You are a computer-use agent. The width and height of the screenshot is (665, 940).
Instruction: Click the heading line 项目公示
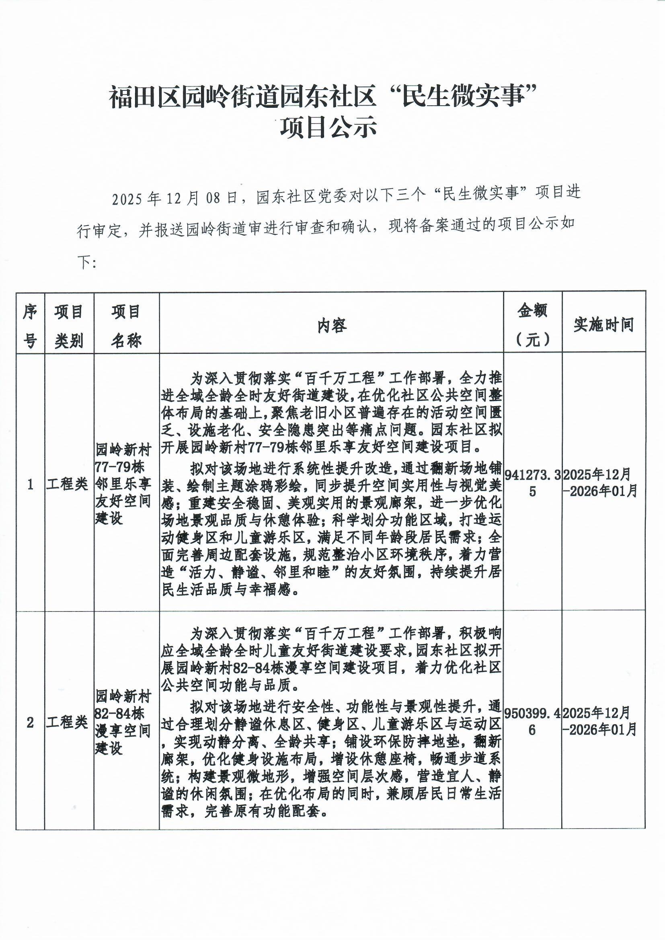click(328, 128)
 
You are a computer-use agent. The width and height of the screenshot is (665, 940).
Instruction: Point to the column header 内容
click(332, 326)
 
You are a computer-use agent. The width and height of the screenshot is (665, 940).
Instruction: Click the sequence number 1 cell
click(30, 485)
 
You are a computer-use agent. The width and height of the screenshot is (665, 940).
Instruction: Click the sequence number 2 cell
click(30, 722)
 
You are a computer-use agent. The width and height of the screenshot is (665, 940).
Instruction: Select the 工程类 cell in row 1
click(67, 485)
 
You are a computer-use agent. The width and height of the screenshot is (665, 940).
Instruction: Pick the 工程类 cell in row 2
click(67, 722)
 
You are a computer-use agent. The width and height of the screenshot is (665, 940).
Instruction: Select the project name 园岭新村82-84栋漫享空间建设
click(123, 722)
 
